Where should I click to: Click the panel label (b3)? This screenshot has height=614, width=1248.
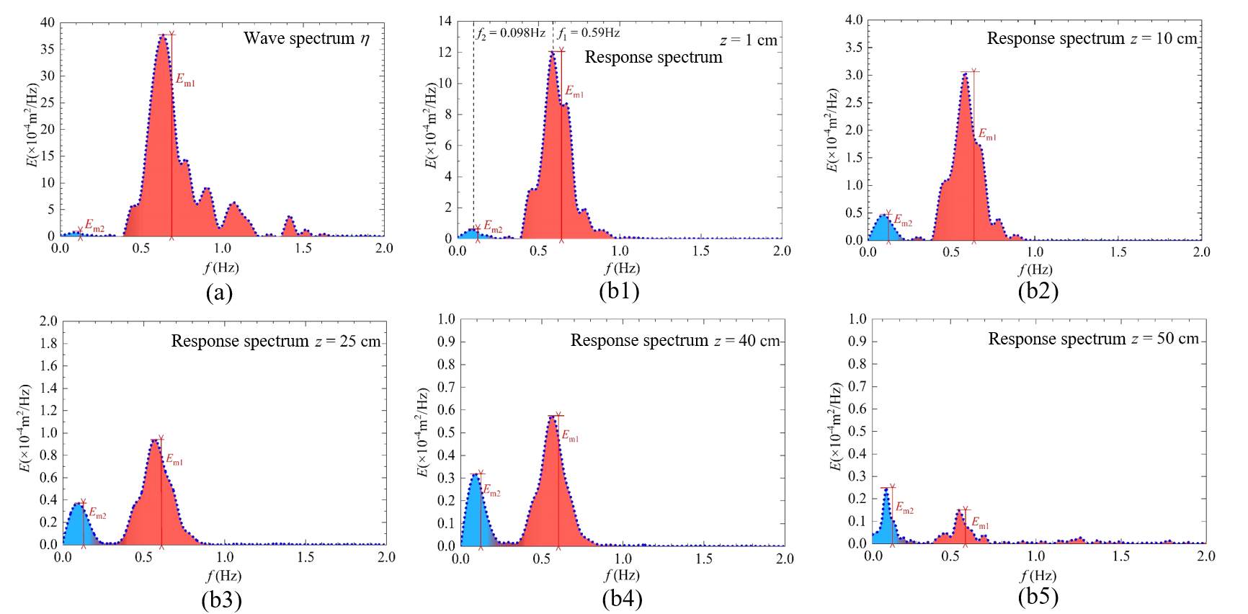coord(221,600)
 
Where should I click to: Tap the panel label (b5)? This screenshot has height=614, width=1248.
coord(1038,597)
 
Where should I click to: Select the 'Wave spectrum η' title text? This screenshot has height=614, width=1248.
coord(306,38)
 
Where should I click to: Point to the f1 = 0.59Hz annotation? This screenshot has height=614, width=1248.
coord(589,33)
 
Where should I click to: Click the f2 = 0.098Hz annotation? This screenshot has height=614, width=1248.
coord(511,33)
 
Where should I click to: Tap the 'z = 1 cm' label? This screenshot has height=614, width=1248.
coord(749,40)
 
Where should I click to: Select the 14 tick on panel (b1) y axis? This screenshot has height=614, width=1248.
coord(445,21)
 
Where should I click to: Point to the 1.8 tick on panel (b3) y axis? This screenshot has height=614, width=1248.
coord(48,343)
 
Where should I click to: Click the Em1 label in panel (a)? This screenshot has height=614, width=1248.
coord(185,79)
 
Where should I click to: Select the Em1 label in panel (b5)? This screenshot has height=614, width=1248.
coord(980,522)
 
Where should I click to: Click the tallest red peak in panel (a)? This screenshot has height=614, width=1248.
coord(163,35)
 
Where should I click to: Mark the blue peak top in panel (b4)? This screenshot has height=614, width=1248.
coord(475,475)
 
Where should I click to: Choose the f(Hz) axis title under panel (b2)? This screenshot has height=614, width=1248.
coord(1035,270)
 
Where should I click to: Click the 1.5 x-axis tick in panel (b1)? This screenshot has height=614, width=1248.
coord(700,251)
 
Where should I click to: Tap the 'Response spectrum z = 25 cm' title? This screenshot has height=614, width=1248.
coord(276,341)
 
